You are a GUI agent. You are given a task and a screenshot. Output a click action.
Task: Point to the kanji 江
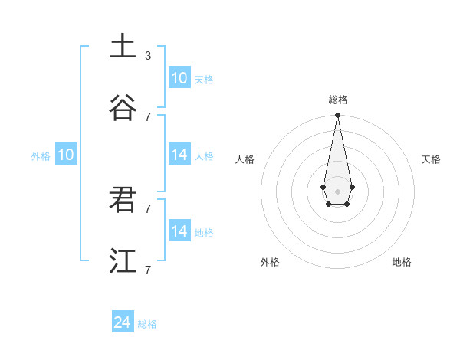(x=123, y=260)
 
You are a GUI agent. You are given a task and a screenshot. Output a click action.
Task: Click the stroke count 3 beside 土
(x=148, y=55)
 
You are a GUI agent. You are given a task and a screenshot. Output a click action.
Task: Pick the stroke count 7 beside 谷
(x=148, y=116)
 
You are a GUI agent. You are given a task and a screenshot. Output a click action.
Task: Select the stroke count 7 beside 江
(x=148, y=270)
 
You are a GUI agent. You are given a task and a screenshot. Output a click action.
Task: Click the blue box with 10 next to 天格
(x=179, y=78)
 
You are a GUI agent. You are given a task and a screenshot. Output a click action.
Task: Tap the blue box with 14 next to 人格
(x=179, y=155)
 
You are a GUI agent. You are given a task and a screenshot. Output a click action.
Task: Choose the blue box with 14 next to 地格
(x=179, y=231)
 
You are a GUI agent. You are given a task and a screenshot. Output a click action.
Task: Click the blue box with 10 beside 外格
(x=65, y=155)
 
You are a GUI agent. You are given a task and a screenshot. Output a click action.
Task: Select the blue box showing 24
(x=123, y=322)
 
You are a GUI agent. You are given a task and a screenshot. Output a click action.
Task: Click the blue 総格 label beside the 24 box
(x=147, y=324)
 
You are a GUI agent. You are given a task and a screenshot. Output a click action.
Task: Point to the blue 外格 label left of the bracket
(x=41, y=156)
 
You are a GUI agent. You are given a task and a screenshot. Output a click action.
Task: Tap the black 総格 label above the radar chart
(x=338, y=100)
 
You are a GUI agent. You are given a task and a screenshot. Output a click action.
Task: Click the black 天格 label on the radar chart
(x=431, y=159)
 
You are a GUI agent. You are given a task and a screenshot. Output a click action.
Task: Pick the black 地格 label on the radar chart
(x=402, y=262)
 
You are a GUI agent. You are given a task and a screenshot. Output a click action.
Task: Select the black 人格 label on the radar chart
(x=245, y=159)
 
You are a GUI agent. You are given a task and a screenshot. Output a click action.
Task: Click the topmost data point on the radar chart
(x=337, y=115)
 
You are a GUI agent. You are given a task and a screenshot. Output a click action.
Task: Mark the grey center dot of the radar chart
(x=337, y=191)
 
